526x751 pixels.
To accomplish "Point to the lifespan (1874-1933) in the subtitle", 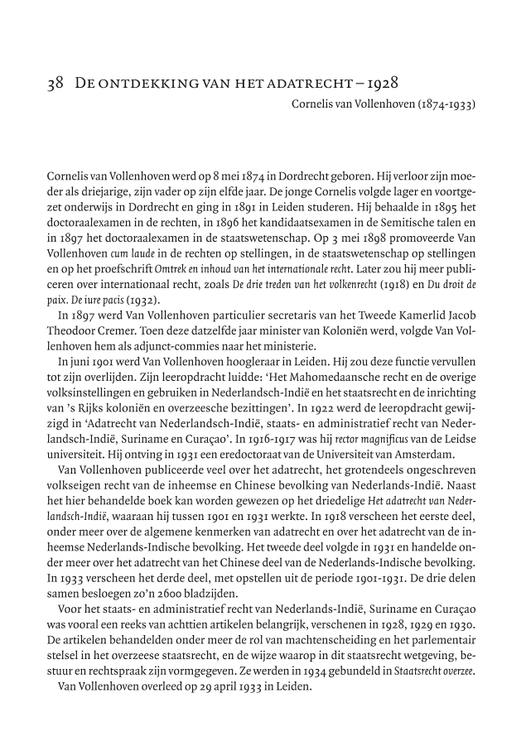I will (x=447, y=104).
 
